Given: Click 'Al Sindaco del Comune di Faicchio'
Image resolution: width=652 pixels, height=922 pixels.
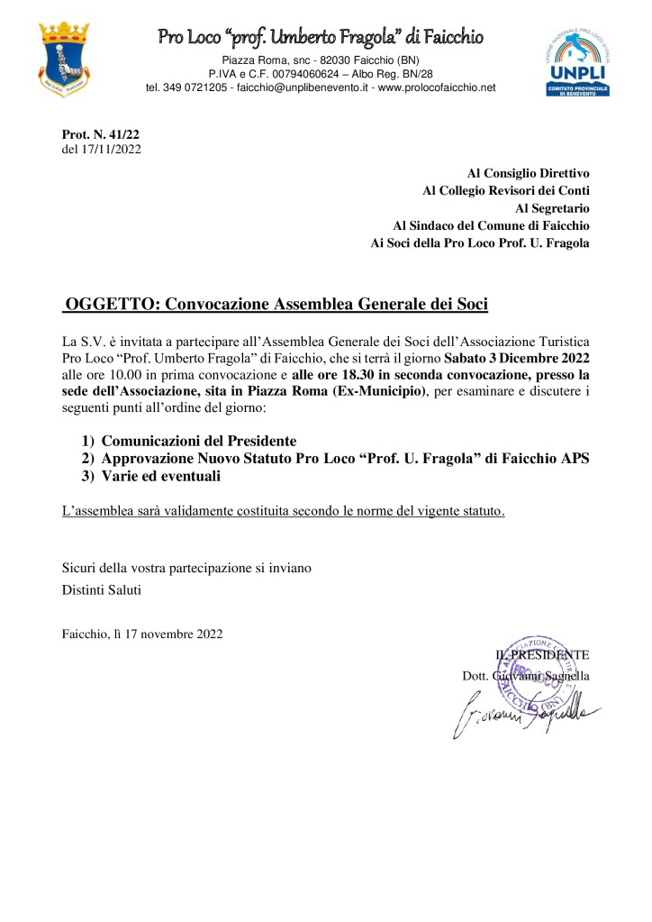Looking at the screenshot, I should coord(492,225).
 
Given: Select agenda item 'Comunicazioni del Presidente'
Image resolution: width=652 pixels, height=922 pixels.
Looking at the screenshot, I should coord(198,441).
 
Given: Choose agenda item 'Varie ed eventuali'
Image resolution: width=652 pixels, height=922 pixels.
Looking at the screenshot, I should coord(161,475).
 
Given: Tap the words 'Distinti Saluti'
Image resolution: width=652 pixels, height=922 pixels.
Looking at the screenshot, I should coord(102,591).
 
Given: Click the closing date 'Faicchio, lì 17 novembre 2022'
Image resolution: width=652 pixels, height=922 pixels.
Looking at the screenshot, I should coord(142,634).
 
